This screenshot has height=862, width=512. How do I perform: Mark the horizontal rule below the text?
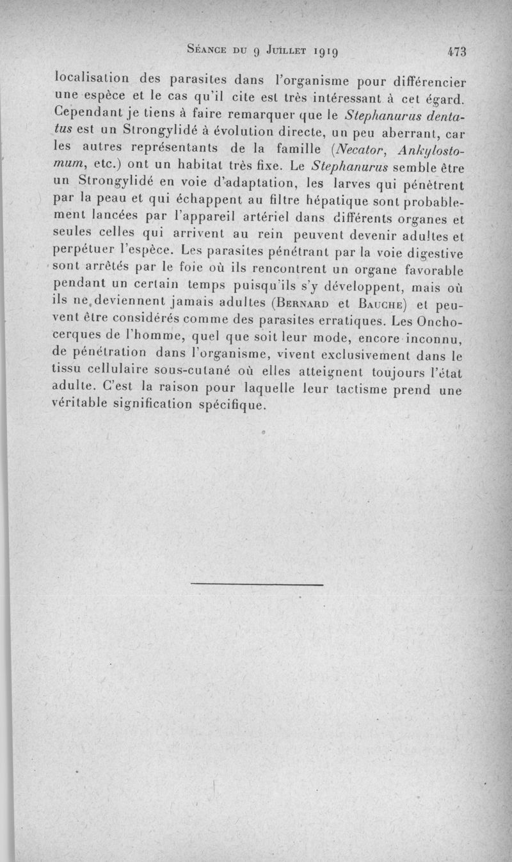257,584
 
